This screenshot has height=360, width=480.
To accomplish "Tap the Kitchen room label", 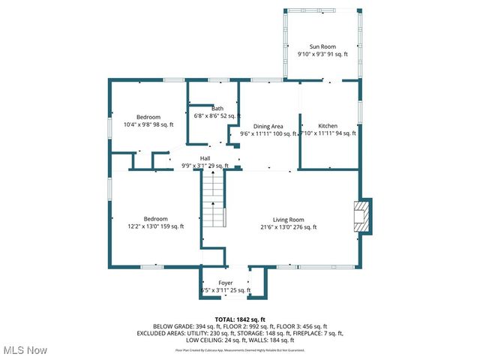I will (328, 126).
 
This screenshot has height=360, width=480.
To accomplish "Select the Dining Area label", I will (268, 126).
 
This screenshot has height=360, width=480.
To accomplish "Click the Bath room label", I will (217, 108).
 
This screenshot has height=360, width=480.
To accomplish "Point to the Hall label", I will (205, 158).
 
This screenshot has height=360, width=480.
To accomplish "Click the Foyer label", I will (225, 283).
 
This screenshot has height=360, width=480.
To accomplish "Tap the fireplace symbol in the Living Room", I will (363, 216).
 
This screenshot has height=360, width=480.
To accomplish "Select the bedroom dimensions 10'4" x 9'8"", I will (148, 124).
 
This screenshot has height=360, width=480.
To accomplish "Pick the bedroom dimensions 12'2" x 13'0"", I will (155, 226).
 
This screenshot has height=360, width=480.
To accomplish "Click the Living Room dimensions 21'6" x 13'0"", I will (288, 227).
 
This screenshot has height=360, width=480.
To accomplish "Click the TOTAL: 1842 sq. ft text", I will (240, 319).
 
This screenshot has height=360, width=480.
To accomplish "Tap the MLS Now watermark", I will (24, 350).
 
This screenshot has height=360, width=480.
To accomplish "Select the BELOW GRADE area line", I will (240, 326).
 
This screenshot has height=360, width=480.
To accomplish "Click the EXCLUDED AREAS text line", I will (240, 333).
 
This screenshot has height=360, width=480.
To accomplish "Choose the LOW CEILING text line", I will (240, 340).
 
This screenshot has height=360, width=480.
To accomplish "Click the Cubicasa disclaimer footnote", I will (240, 349).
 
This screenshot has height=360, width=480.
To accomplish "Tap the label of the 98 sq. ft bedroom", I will (148, 117).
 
